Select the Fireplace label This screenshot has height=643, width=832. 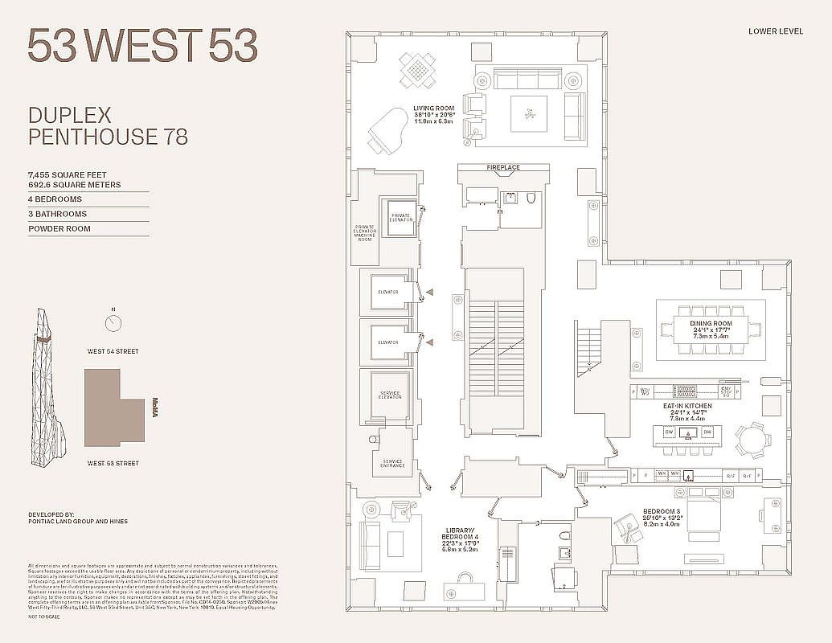point(503,167)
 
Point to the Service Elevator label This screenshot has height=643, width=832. point(389,395)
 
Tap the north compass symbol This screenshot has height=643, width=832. point(113,322)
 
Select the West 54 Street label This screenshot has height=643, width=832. point(113,351)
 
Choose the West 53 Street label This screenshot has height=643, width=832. point(113,464)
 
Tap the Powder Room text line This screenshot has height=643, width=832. point(59,229)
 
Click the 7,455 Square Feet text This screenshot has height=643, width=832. point(67,174)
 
